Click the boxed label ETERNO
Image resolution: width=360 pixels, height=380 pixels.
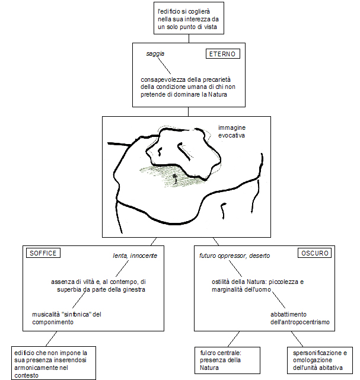[222, 54]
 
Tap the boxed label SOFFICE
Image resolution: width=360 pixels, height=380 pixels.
[42, 253]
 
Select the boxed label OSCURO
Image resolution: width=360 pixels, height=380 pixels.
[314, 253]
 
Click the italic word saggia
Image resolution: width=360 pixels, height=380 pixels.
[155, 54]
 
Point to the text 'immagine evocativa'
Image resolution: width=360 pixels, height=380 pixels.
[231, 132]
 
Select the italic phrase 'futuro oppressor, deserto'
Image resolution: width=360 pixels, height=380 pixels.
[234, 256]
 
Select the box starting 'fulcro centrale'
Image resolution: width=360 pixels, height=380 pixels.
[220, 360]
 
